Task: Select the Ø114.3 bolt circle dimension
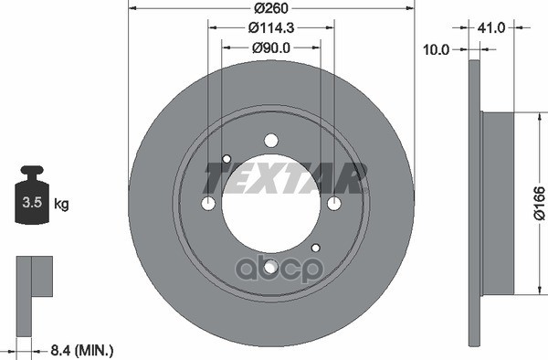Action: coord(271,28)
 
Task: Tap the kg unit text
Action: coord(62,203)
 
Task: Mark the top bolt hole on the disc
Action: coord(270,140)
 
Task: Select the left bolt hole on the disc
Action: coord(208,203)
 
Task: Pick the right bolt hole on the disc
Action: coord(334,203)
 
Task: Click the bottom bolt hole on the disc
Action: coord(270,267)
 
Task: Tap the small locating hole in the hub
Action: coord(315,248)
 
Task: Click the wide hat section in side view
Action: coord(498,203)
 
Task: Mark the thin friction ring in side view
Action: coord(474,203)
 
